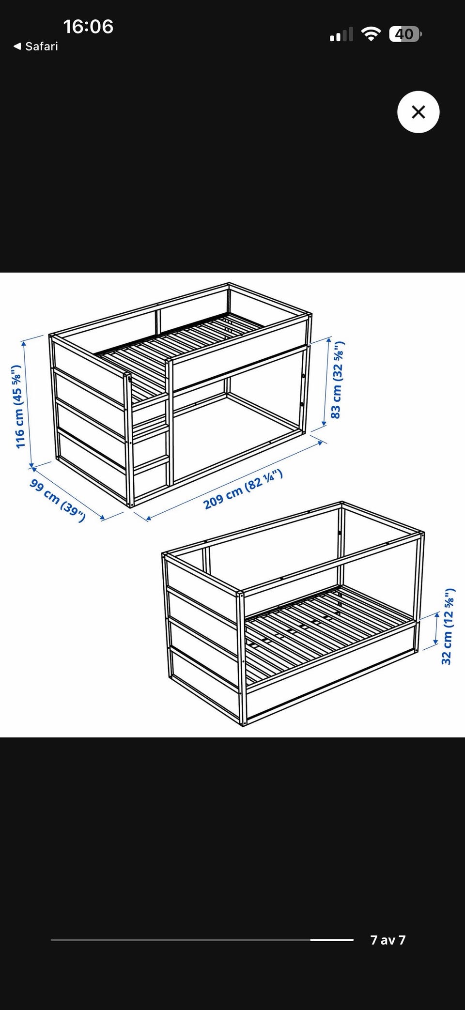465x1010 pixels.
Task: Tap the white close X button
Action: point(418,112)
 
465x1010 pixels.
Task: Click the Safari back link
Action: point(35,46)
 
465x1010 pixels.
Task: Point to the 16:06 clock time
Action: point(88,27)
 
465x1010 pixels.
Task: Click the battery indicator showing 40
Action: point(405,34)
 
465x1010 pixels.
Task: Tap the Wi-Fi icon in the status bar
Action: point(371,34)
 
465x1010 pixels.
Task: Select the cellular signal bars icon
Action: point(341,35)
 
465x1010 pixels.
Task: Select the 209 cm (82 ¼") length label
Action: point(243,489)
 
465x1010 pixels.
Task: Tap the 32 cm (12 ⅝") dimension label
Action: point(448,627)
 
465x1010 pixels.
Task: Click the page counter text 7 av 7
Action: point(387,940)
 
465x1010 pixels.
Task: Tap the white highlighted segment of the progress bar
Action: point(332,940)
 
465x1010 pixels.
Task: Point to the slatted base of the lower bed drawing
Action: point(329,629)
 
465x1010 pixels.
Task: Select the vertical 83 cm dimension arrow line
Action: point(327,383)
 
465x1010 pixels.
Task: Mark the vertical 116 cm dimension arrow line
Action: point(28,404)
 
